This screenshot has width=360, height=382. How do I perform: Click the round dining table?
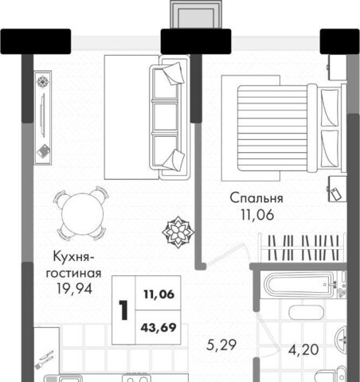[82, 214]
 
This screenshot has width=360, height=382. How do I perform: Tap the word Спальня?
[256, 198]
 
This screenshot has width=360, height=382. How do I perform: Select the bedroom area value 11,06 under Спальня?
[257, 215]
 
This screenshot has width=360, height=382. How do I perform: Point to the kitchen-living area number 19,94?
[75, 289]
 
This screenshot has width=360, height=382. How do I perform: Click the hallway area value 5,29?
[221, 345]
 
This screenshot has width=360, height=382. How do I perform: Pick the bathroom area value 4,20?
[303, 350]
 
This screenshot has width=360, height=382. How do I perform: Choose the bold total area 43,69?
[158, 328]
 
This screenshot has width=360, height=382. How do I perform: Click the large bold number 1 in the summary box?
[123, 310]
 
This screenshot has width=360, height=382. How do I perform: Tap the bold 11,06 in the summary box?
[159, 294]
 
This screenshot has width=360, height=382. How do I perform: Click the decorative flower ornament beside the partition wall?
[178, 232]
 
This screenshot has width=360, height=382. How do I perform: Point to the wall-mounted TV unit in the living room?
[43, 118]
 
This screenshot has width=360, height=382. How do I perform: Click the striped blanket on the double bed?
[272, 128]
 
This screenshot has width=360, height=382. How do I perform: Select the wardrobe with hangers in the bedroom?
[302, 248]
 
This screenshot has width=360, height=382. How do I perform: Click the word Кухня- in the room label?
[73, 257]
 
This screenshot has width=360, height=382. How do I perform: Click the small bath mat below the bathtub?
[306, 313]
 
